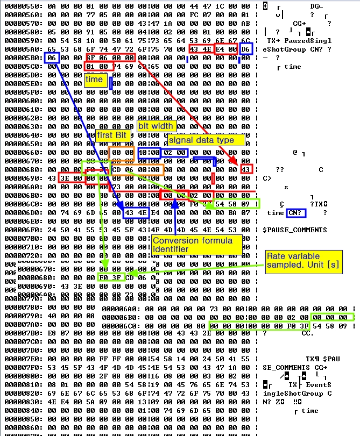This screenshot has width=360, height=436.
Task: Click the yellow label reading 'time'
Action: [94, 79]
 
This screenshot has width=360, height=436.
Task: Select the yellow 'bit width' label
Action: [156, 126]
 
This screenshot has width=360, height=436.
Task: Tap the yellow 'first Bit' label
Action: [112, 135]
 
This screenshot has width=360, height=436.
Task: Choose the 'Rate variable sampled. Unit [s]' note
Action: [304, 261]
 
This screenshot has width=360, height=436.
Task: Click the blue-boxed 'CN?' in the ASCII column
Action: [295, 213]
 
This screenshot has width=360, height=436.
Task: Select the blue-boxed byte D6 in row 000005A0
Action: [245, 49]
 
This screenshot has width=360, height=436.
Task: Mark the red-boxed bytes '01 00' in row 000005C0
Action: [98, 67]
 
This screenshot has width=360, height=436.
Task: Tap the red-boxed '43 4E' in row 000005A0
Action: [201, 49]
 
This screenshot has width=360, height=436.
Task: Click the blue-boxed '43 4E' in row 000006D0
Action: [135, 213]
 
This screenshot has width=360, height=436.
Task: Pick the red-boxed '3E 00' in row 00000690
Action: [70, 178]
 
